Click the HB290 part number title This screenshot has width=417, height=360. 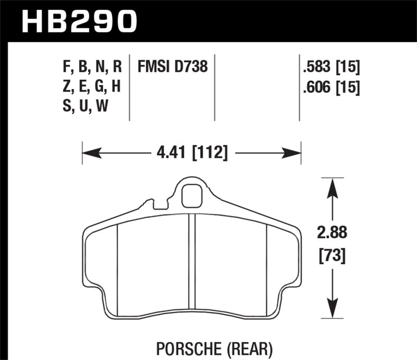click(x=78, y=21)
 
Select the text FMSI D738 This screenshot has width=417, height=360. click(x=172, y=67)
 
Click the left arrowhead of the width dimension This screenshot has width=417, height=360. click(x=89, y=154)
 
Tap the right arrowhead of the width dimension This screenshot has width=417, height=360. click(x=295, y=154)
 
